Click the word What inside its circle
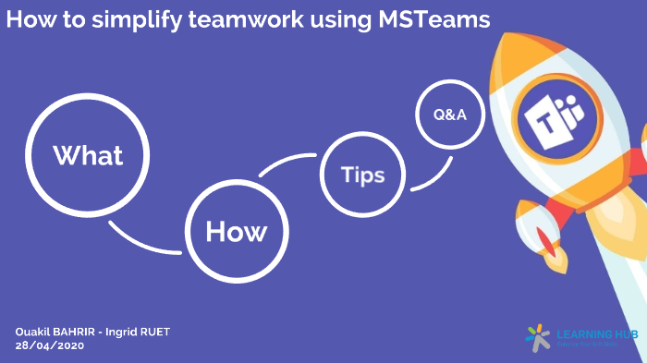coord(88,155)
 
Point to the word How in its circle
coord(236,231)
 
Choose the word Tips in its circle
coord(362,175)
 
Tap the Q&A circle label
coord(450,115)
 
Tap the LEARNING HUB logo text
coord(597,333)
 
